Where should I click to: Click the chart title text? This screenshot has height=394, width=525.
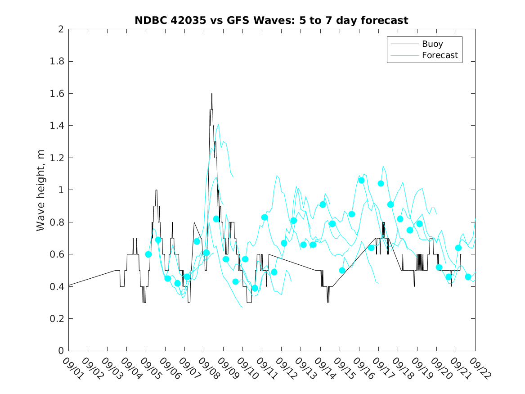271,20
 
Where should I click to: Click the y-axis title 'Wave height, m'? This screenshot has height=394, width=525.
41,190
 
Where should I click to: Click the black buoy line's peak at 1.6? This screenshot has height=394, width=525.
211,94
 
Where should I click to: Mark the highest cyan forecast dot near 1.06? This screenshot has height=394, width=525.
361,180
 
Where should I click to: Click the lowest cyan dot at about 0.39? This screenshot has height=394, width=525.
255,288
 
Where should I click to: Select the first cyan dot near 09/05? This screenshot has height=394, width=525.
148,254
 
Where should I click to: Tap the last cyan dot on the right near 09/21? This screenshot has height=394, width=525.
468,277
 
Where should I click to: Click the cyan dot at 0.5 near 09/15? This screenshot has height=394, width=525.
342,271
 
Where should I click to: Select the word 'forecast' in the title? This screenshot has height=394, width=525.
386,20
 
